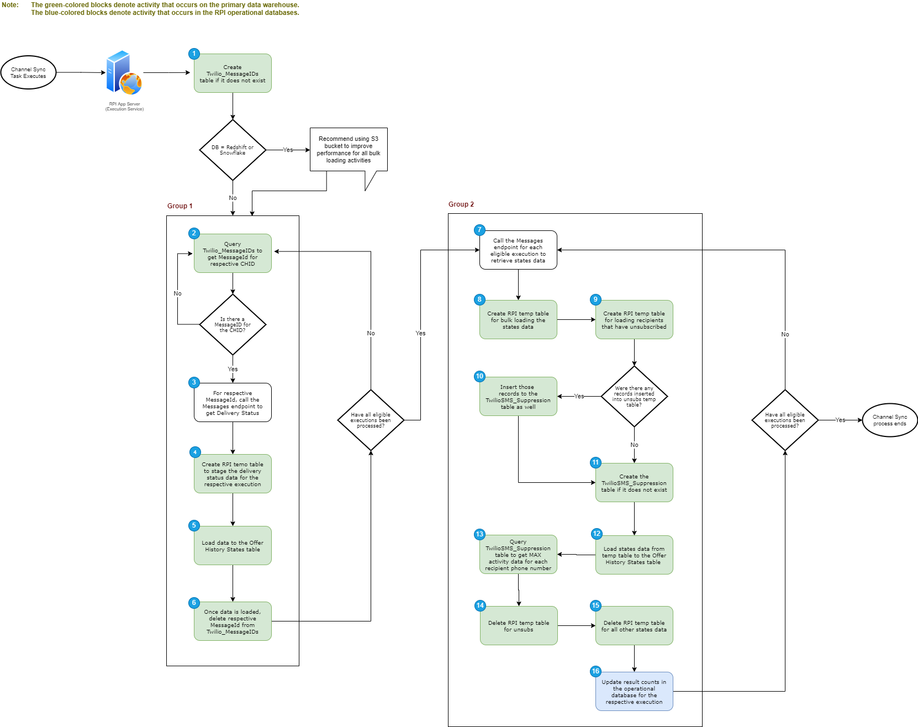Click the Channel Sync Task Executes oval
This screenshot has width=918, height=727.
[28, 72]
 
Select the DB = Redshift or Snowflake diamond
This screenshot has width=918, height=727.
[233, 150]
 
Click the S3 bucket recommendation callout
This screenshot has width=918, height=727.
[349, 150]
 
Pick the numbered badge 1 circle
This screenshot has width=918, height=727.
[194, 54]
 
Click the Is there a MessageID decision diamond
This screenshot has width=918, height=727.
[233, 324]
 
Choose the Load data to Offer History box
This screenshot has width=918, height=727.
[233, 546]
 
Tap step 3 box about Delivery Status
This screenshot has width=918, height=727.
[233, 403]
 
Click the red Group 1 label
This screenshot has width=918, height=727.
[180, 206]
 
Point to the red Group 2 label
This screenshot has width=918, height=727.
[461, 204]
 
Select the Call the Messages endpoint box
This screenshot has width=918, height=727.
[518, 250]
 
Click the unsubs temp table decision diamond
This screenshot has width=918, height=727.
[634, 396]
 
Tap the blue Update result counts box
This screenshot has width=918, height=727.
[634, 692]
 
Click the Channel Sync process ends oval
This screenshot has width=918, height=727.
[890, 420]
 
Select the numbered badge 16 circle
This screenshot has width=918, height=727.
[595, 671]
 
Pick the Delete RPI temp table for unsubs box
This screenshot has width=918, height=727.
[519, 626]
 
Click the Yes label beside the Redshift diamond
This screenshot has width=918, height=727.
[288, 150]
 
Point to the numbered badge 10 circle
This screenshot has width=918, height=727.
[479, 376]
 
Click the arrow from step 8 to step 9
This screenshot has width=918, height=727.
[576, 320]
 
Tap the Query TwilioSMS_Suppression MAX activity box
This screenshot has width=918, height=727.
[518, 555]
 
